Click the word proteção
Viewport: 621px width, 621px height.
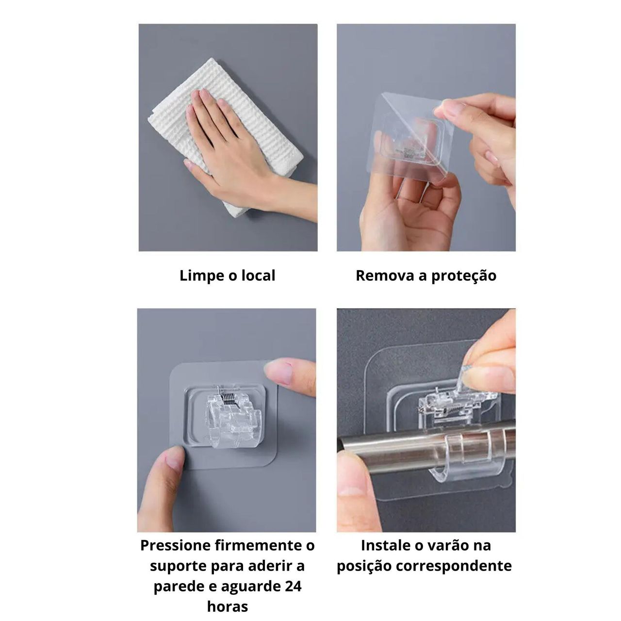point(464,277)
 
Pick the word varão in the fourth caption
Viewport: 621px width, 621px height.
point(449,546)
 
